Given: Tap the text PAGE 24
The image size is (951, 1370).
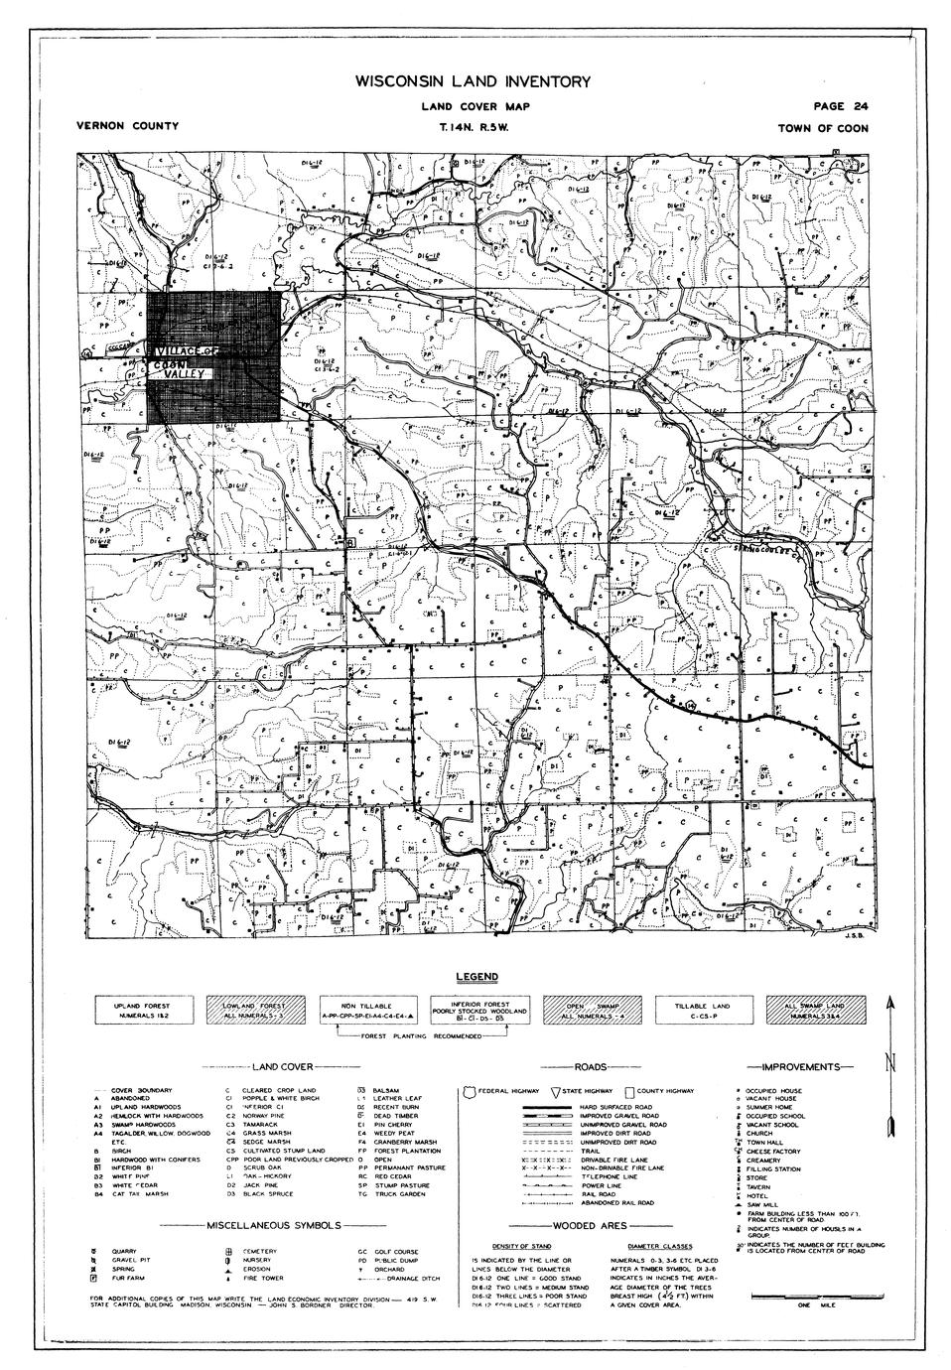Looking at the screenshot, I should point(840,106).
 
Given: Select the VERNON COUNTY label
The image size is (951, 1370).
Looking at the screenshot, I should point(127,127).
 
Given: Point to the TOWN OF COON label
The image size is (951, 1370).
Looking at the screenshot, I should point(823,128).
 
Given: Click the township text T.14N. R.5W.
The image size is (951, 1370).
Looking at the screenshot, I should point(472,127).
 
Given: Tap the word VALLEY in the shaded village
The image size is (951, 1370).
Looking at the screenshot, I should point(185,373).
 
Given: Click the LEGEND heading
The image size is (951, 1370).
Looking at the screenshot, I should point(475,978).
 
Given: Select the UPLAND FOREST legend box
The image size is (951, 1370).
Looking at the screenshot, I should point(144,1011).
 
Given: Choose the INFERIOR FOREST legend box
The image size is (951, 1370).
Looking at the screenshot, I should point(477,1011).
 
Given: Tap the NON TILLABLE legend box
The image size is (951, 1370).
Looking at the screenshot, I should point(366,1011).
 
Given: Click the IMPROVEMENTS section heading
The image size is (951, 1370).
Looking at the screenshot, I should point(799,1067).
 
